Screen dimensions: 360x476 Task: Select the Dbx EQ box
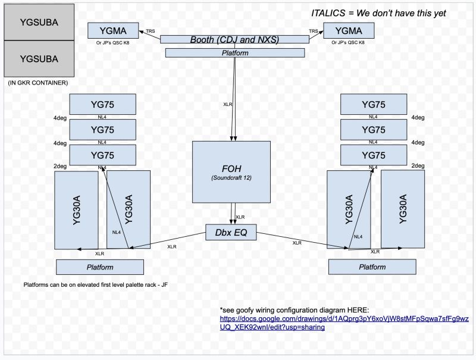pyautogui.click(x=231, y=232)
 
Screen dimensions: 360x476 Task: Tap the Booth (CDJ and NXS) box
pyautogui.click(x=234, y=39)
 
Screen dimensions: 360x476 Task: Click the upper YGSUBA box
pyautogui.click(x=39, y=22)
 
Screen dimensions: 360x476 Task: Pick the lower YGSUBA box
pyautogui.click(x=39, y=58)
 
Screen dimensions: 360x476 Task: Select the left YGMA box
pyautogui.click(x=112, y=30)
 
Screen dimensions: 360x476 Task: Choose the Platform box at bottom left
pyautogui.click(x=99, y=267)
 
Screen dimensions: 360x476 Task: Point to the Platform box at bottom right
pyautogui.click(x=372, y=267)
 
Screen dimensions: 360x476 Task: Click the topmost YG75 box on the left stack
pyautogui.click(x=102, y=105)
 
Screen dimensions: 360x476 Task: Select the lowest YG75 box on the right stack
pyautogui.click(x=373, y=156)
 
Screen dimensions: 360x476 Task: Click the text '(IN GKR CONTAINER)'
pyautogui.click(x=37, y=82)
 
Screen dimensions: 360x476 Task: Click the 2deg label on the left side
pyautogui.click(x=59, y=166)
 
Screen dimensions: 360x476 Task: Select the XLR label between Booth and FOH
pyautogui.click(x=227, y=104)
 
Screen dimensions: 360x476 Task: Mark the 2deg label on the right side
pyautogui.click(x=418, y=166)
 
